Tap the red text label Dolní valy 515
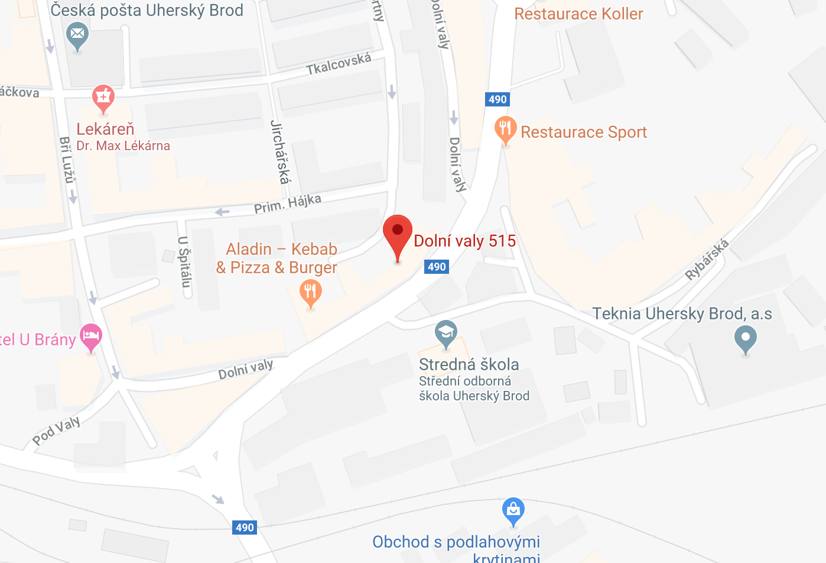click(465, 241)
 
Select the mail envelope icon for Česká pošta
click(77, 34)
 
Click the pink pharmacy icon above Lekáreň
click(103, 96)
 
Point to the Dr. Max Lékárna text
click(123, 146)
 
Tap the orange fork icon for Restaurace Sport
click(505, 128)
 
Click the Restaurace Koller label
click(578, 14)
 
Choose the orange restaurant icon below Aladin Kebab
click(310, 292)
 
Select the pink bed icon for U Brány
click(90, 336)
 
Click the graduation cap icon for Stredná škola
click(446, 332)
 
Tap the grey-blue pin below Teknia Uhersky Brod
click(746, 338)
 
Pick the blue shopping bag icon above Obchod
click(513, 509)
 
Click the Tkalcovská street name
click(339, 63)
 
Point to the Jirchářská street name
click(280, 152)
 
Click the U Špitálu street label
click(184, 261)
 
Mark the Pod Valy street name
click(57, 430)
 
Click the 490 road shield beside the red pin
click(437, 267)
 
